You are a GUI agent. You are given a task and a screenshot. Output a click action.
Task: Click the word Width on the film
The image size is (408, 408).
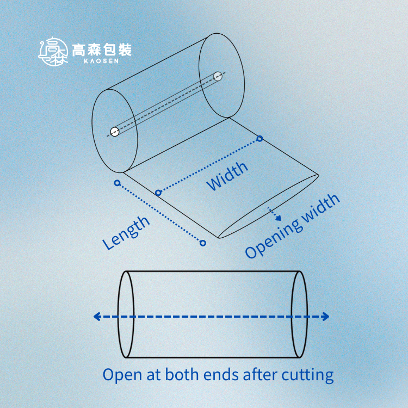coord(227,176)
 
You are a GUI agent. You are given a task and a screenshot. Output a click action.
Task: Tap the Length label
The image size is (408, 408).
coord(126,233)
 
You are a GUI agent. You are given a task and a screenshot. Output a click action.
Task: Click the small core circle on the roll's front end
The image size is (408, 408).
coord(114,131)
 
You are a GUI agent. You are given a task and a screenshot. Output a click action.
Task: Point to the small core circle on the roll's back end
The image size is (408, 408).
coord(218,76)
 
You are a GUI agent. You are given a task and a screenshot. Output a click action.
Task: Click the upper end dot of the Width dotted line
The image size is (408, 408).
coord(260,139)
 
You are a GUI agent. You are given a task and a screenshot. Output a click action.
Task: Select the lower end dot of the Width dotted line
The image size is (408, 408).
coord(158,193)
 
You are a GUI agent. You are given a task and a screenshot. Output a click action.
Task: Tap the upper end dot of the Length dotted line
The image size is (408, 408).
coord(117,183)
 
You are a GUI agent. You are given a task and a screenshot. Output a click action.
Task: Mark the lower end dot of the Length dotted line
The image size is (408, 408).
coord(203,243)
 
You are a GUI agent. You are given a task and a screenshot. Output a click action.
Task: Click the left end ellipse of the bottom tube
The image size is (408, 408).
coord(126,314)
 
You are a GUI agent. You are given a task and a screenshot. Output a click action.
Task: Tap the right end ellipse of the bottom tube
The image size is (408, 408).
coord(299,314)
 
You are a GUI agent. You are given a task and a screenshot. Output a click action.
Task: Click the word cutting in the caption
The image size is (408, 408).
coord(307,375)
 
